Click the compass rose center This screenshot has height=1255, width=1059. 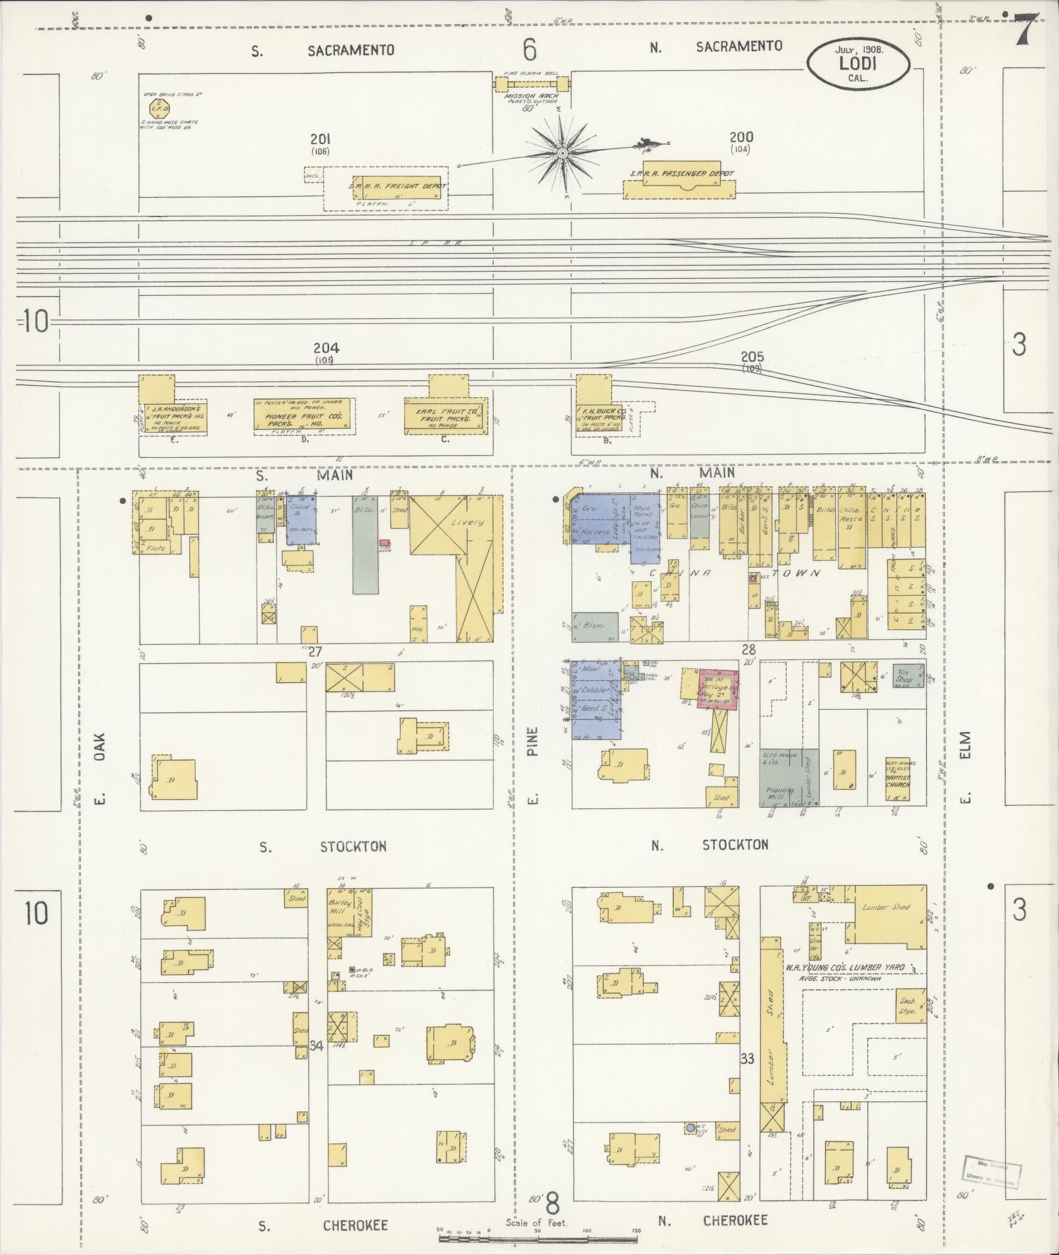[562, 153]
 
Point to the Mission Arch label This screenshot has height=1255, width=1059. [532, 96]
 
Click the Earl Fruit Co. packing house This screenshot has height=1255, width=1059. [446, 416]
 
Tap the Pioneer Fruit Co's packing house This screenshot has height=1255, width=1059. [303, 416]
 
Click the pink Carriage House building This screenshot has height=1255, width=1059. [719, 688]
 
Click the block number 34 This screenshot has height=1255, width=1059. [316, 1046]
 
